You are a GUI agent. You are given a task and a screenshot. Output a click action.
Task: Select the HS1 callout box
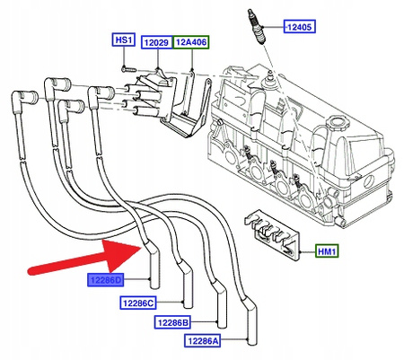(123, 40)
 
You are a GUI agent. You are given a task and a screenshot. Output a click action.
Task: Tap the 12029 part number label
(157, 40)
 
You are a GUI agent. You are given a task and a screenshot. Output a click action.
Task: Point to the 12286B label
(172, 322)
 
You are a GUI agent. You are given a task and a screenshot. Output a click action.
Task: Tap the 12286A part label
(204, 341)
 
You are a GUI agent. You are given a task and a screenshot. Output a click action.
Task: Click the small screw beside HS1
(127, 64)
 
